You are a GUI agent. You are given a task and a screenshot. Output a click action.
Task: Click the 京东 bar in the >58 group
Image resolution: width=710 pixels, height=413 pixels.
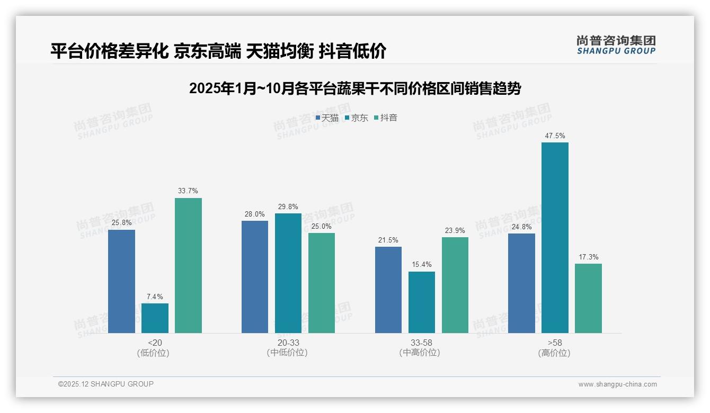pyautogui.click(x=555, y=238)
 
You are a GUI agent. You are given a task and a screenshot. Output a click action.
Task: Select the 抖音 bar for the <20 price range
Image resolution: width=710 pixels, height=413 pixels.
pyautogui.click(x=188, y=265)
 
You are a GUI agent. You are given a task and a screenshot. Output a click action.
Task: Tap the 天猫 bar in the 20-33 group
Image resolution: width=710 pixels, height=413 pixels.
pyautogui.click(x=255, y=277)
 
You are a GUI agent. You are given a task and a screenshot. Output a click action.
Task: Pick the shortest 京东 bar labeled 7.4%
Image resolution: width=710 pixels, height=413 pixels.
pyautogui.click(x=155, y=318)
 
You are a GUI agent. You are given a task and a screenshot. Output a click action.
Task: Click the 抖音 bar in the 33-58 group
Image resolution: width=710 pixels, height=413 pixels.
pyautogui.click(x=455, y=285)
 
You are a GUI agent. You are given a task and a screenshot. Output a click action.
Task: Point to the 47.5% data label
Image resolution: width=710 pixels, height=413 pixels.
pyautogui.click(x=555, y=136)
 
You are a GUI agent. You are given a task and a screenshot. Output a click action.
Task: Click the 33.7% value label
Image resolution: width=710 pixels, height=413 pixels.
pyautogui.click(x=188, y=191)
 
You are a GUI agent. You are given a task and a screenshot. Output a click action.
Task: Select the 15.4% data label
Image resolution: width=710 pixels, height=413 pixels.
pyautogui.click(x=422, y=265)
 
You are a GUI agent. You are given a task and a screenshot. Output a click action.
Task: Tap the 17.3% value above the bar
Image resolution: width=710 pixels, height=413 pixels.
pyautogui.click(x=589, y=257)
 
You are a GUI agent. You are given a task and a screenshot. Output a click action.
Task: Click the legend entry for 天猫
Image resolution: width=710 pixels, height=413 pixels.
pyautogui.click(x=327, y=118)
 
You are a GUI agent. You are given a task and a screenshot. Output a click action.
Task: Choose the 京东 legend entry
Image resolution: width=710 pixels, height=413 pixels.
pyautogui.click(x=357, y=118)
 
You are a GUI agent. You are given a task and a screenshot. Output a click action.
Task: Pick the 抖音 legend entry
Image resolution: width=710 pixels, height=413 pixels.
pyautogui.click(x=386, y=118)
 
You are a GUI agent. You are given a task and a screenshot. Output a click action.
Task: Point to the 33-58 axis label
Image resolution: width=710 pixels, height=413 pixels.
pyautogui.click(x=422, y=343)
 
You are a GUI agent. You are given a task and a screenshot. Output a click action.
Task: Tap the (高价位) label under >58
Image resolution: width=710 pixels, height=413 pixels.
pyautogui.click(x=555, y=353)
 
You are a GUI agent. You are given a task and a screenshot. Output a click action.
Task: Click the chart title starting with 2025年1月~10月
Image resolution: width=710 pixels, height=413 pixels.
pyautogui.click(x=355, y=88)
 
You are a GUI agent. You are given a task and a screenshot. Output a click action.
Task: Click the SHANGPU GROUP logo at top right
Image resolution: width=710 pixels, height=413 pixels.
pyautogui.click(x=616, y=45)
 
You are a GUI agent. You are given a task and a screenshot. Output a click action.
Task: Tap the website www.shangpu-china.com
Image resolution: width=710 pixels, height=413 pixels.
pyautogui.click(x=617, y=384)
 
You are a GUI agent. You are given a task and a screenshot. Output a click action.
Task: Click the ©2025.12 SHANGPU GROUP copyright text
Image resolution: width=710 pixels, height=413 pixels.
pyautogui.click(x=106, y=384)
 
